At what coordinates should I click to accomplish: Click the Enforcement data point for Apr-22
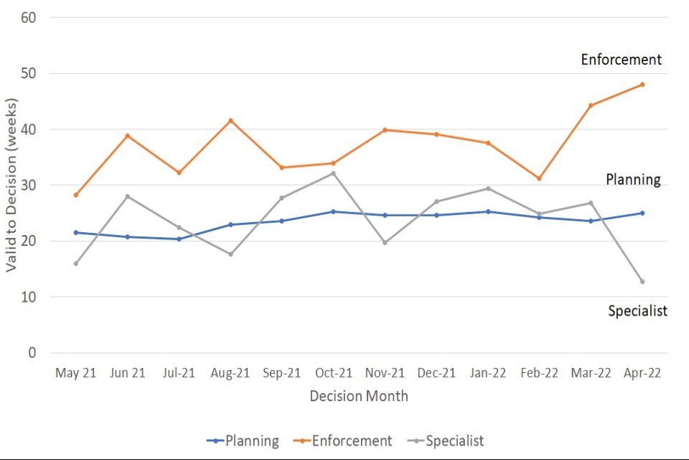(642, 84)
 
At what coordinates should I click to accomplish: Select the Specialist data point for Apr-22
(642, 281)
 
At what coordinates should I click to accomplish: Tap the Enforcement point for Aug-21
(230, 120)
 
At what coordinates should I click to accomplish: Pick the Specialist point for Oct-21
(333, 173)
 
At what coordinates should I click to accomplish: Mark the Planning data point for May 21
(75, 232)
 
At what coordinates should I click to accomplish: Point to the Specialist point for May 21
(75, 263)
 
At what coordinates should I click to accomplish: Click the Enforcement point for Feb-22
(539, 178)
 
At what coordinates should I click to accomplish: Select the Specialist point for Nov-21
(385, 242)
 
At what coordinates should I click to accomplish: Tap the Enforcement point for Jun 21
(127, 135)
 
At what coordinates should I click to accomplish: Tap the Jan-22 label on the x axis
(488, 373)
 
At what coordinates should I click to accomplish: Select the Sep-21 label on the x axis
(282, 373)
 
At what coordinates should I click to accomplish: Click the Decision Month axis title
(359, 396)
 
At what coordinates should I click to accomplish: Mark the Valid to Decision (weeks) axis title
(11, 185)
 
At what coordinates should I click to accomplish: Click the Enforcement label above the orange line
(622, 60)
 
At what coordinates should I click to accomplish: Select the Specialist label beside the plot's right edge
(638, 311)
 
